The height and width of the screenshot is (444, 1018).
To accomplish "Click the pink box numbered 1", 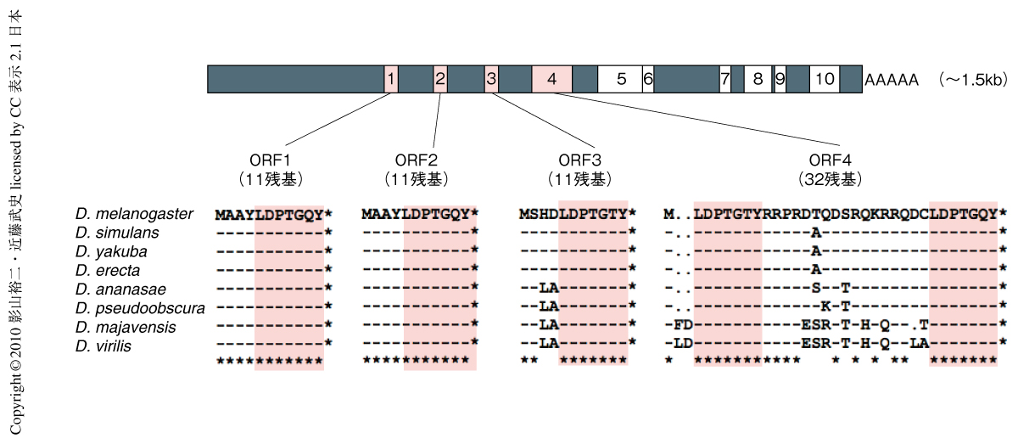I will (x=390, y=79).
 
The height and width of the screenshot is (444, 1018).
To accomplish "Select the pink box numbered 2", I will (x=440, y=79).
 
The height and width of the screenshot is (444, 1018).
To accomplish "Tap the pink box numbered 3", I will (x=491, y=79).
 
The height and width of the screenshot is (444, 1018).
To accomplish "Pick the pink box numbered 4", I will (x=552, y=79).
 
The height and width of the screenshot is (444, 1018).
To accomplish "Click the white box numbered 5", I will (x=621, y=79).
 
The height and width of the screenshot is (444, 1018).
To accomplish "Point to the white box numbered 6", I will (x=648, y=79).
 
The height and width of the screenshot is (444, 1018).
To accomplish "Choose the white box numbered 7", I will (x=725, y=79).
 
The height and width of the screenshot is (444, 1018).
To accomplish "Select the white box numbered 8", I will (x=758, y=79).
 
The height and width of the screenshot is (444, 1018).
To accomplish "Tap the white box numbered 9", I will (x=780, y=79).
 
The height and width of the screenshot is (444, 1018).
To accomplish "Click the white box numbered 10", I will (x=824, y=79).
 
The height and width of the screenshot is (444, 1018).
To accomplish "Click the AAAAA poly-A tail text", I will (x=892, y=80).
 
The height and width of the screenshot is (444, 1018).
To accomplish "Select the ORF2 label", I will (x=416, y=160).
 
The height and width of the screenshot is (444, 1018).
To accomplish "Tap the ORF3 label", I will (x=579, y=160).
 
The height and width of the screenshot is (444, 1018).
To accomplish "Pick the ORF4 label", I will (x=830, y=160).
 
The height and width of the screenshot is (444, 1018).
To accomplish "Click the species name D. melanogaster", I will (x=134, y=214).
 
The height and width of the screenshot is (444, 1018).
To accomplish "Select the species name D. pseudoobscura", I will (x=140, y=306).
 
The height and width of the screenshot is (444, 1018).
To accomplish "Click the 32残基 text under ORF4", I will (x=830, y=179).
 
